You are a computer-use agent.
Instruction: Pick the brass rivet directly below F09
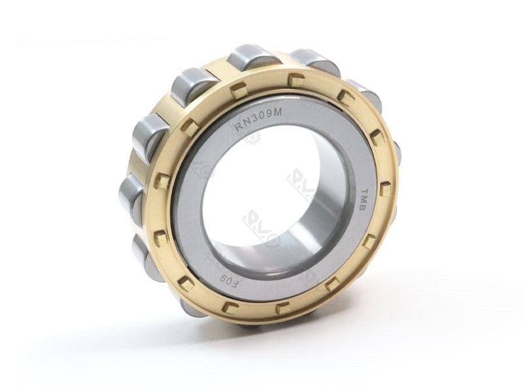[x=228, y=306]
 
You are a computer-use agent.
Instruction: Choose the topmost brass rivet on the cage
[x=296, y=81]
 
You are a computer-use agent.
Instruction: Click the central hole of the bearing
[x=261, y=196]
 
